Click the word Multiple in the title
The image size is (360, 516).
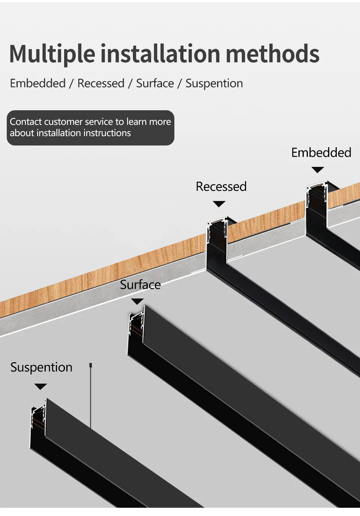pyautogui.click(x=52, y=54)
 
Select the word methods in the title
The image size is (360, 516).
pyautogui.click(x=273, y=54)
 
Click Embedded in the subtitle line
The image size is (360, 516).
pyautogui.click(x=38, y=83)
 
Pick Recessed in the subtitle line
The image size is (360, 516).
pyautogui.click(x=101, y=83)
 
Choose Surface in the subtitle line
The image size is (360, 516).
pyautogui.click(x=155, y=83)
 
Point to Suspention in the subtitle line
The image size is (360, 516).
pyautogui.click(x=214, y=84)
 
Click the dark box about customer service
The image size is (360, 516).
pyautogui.click(x=90, y=127)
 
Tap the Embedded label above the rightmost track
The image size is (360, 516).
pyautogui.click(x=321, y=153)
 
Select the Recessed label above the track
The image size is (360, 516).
pyautogui.click(x=221, y=186)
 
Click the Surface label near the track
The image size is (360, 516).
pyautogui.click(x=140, y=285)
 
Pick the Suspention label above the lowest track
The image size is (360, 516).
pyautogui.click(x=41, y=367)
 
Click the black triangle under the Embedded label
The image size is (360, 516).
pyautogui.click(x=318, y=170)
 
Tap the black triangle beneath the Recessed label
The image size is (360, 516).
pyautogui.click(x=219, y=204)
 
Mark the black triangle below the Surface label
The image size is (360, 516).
pyautogui.click(x=137, y=301)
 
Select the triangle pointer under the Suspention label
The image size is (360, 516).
pyautogui.click(x=40, y=387)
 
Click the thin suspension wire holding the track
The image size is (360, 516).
pyautogui.click(x=90, y=397)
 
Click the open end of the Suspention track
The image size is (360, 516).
pyautogui.click(x=38, y=420)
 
